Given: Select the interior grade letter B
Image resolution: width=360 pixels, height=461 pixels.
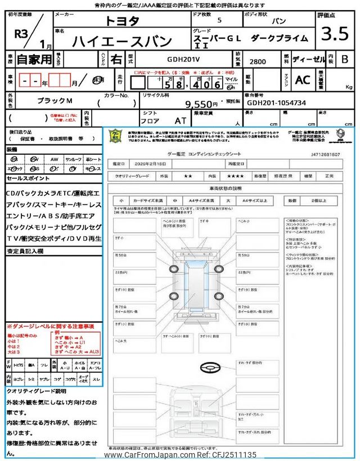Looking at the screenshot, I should coord(344,59).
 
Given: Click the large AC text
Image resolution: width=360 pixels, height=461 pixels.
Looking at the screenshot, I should coord(303,80).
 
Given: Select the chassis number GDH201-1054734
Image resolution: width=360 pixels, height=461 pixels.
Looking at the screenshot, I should coord(276,104).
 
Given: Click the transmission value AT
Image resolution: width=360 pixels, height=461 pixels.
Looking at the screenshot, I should coord(180,120).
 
